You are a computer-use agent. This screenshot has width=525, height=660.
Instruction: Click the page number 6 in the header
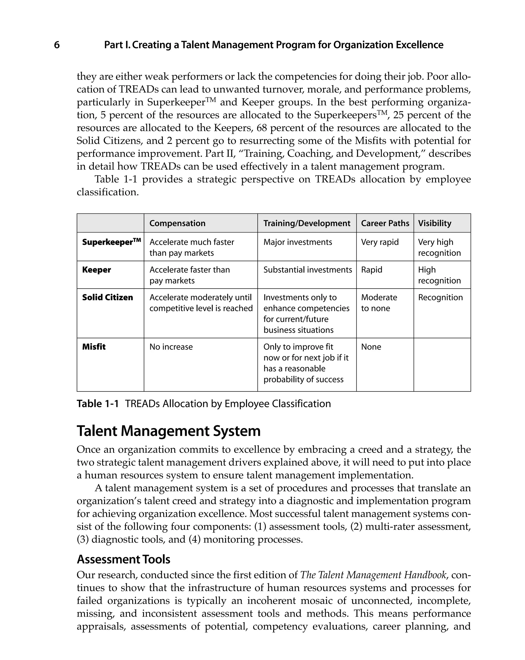tap(57, 45)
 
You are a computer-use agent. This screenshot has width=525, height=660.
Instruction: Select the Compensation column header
tap(177, 223)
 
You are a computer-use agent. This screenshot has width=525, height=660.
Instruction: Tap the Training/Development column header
tap(307, 223)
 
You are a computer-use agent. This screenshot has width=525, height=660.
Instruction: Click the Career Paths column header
tap(385, 223)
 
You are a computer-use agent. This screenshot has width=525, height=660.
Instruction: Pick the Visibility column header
tap(435, 223)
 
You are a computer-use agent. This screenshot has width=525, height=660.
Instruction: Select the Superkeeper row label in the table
tap(112, 242)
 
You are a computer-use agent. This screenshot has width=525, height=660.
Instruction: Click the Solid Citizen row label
tap(107, 297)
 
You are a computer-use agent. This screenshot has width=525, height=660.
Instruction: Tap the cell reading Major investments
tap(298, 242)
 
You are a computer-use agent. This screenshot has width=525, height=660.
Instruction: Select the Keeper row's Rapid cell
tap(372, 270)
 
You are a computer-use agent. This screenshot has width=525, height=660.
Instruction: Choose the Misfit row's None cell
tap(371, 347)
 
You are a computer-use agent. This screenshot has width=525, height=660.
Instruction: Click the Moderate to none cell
tap(379, 303)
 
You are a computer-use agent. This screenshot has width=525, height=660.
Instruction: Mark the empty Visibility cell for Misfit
tap(442, 364)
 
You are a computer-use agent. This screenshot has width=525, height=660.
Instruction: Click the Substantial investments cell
tap(308, 270)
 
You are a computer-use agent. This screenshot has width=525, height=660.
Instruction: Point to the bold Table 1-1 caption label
tap(97, 404)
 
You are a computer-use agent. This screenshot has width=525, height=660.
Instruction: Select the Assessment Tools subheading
tap(123, 559)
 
